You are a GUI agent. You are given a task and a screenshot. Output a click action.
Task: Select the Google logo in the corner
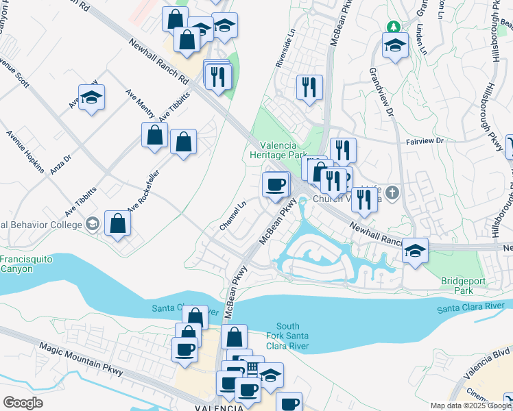coord(23,403)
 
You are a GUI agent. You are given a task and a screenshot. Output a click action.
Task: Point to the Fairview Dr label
coord(425,141)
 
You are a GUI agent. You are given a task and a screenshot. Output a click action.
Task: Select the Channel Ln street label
coord(232,215)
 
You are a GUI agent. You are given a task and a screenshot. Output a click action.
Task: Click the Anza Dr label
coord(61,162)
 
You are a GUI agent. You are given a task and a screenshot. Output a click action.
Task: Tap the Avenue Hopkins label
coord(25,151)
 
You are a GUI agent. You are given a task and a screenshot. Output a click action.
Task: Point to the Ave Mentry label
coord(140,103)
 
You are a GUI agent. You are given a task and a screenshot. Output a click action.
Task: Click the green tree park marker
coord(393,27)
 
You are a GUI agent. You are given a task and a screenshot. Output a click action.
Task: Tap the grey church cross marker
coord(392,191)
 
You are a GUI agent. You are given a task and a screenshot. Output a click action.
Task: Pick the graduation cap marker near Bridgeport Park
coord(415,251)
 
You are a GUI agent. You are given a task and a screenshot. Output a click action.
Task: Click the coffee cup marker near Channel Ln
coord(276,184)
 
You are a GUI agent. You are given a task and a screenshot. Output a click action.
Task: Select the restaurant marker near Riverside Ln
coord(309,87)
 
